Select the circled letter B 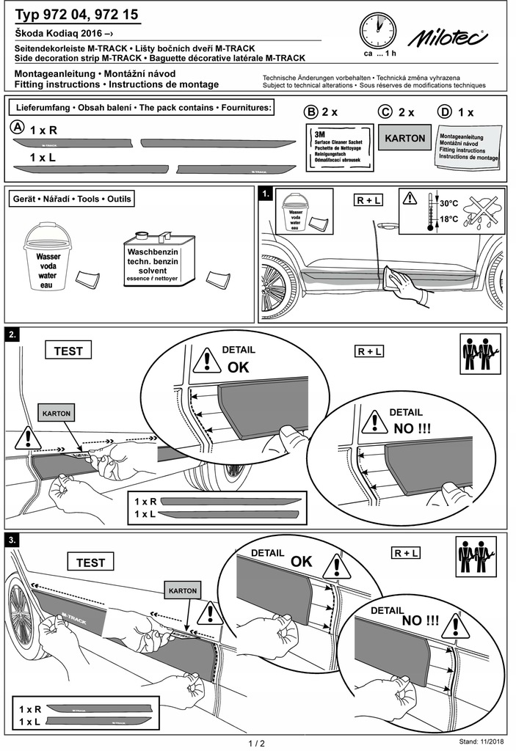[x=311, y=112]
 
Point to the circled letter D [x=443, y=112]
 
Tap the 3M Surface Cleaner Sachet [x=335, y=147]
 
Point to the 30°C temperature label [x=448, y=202]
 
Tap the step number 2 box [x=12, y=334]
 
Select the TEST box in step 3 [x=90, y=563]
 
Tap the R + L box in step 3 [x=405, y=553]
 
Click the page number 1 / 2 [x=257, y=742]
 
